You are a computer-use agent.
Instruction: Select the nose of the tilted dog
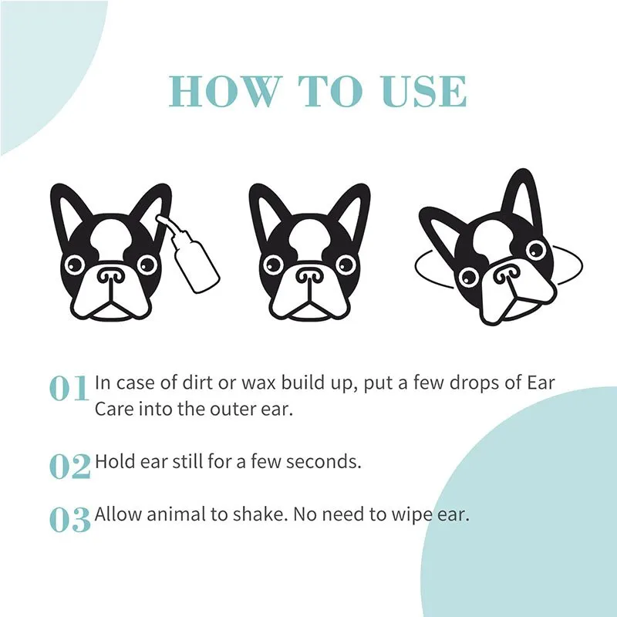pos(505,271)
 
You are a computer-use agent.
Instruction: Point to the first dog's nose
pos(110,275)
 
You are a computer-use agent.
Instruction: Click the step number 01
pos(70,389)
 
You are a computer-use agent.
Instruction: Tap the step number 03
pos(70,520)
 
